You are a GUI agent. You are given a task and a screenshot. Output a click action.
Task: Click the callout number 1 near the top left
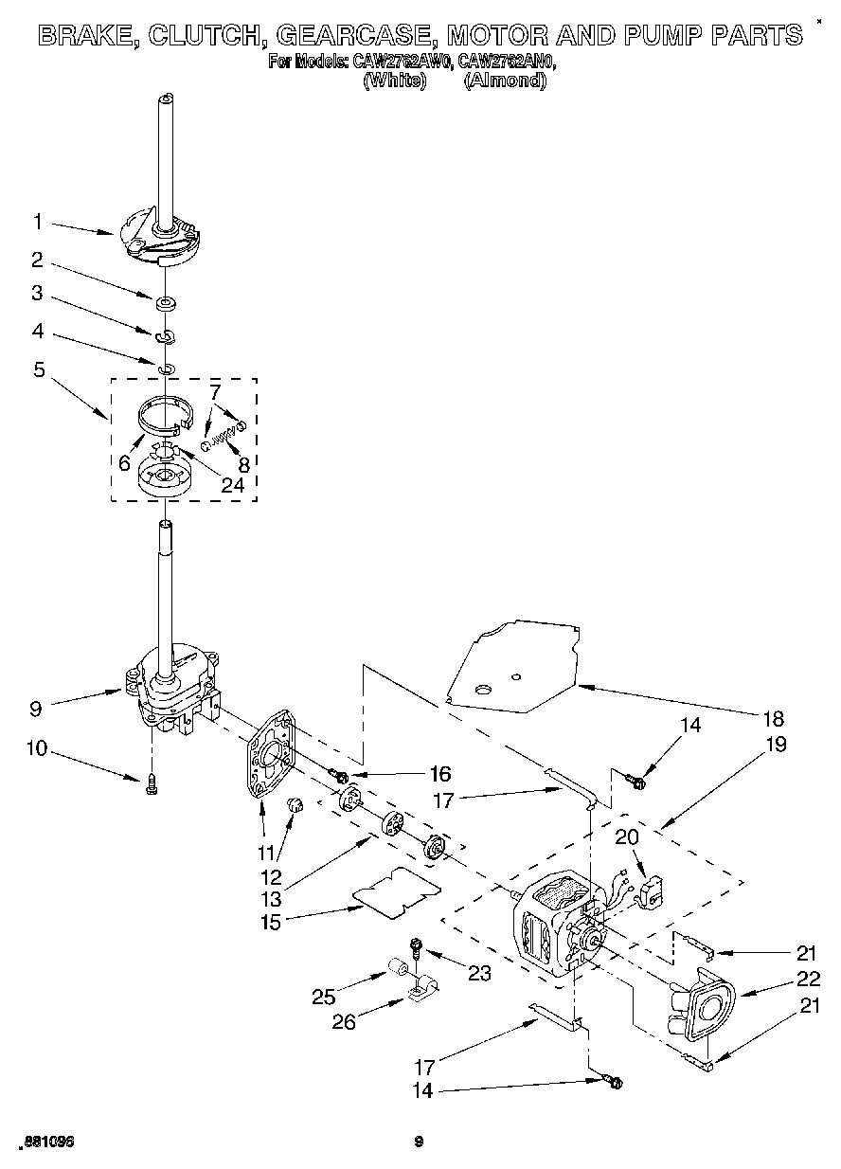(37, 222)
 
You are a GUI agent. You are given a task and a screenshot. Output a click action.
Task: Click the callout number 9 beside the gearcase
(37, 707)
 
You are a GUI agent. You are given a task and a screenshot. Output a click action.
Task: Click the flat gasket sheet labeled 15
(397, 892)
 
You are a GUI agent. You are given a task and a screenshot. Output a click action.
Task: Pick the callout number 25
(324, 996)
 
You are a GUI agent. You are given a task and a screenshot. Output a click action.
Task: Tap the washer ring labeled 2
(166, 303)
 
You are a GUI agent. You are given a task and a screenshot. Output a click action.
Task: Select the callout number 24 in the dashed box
(232, 485)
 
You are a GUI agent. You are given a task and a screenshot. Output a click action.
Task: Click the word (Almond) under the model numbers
(505, 81)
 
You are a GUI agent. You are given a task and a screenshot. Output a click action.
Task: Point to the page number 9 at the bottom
(418, 1142)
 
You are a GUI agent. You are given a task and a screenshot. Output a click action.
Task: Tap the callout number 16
(439, 772)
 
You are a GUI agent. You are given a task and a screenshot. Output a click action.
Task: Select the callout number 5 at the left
(39, 369)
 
